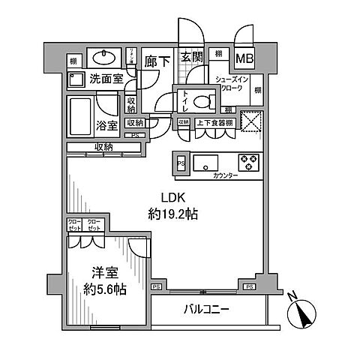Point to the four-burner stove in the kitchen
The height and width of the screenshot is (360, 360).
[248, 162]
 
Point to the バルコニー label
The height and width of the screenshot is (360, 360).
[205, 308]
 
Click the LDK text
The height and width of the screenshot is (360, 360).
[168, 200]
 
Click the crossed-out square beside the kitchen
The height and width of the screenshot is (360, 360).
[251, 123]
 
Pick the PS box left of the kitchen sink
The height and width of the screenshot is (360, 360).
[180, 162]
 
